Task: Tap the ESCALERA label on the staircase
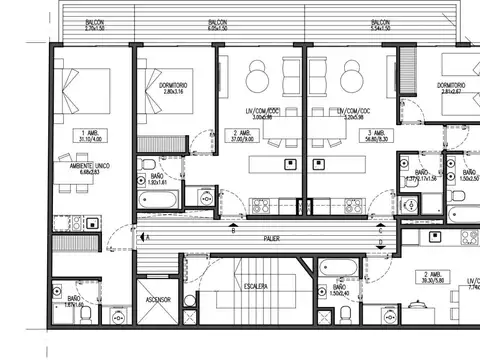[254, 287]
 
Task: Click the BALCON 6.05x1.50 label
[216, 22]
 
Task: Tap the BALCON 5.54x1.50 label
[380, 22]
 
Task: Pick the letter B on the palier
[234, 231]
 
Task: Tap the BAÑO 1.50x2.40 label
[336, 291]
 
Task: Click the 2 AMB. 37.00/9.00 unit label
[241, 135]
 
